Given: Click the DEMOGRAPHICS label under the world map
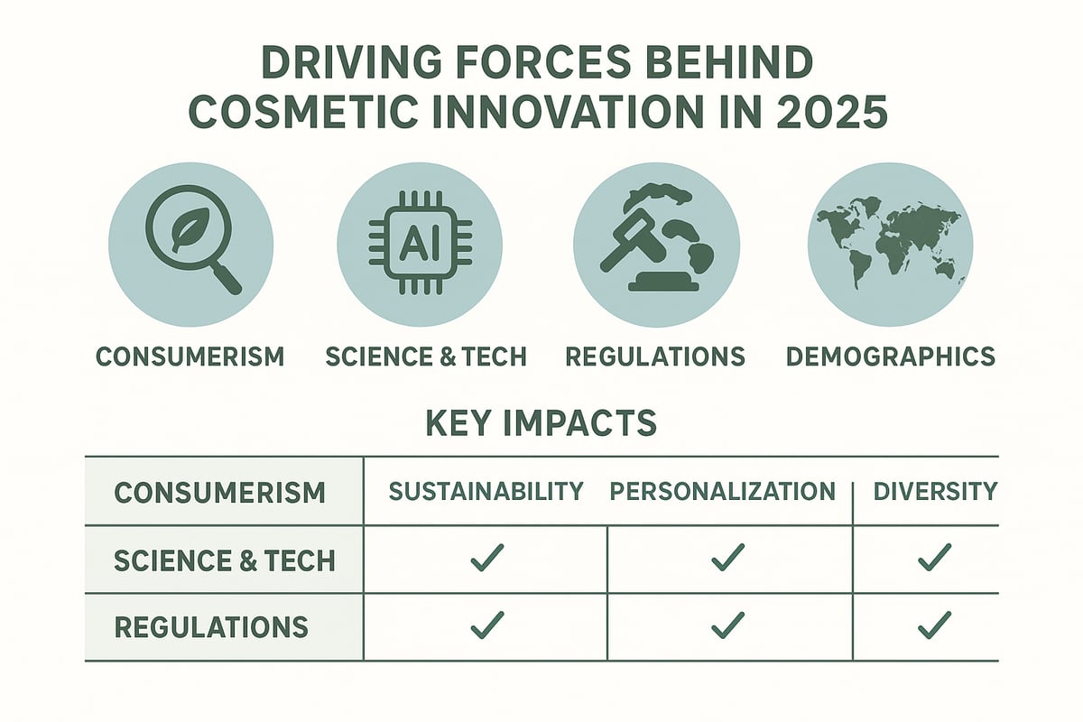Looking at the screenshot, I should (x=890, y=356).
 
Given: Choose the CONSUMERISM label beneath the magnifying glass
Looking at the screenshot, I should (x=190, y=356).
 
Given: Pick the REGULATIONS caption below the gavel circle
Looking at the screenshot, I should (x=655, y=356).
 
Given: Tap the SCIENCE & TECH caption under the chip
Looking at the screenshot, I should (x=425, y=356).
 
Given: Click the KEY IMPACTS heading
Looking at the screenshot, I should (x=541, y=424).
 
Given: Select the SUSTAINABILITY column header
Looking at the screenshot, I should (x=486, y=492).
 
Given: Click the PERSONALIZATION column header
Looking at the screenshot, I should (x=723, y=492).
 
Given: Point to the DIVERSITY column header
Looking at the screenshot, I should (x=935, y=492).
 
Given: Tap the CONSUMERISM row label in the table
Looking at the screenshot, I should (x=220, y=493).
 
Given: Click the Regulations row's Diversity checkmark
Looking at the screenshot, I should (x=934, y=625).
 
